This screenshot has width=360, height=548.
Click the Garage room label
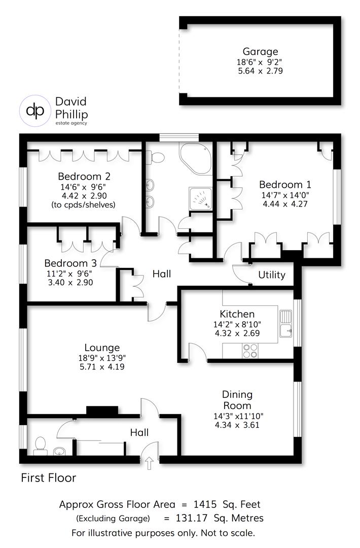(260, 51)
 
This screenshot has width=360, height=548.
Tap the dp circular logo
(35, 110)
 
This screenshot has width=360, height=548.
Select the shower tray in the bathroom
(200, 198)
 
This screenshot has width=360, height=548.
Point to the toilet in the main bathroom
(156, 158)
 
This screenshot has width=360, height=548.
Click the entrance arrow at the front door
(150, 462)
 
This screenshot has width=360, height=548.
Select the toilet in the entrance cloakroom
(39, 446)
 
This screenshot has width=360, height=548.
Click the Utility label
(272, 275)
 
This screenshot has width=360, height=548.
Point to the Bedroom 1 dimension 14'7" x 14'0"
(285, 194)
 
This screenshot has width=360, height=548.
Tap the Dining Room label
(237, 400)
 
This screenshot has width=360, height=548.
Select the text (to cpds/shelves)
(84, 205)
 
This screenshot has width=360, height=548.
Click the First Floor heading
(48, 477)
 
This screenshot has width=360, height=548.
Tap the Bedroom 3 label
(70, 263)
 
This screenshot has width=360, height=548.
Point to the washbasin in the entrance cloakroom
(59, 450)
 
